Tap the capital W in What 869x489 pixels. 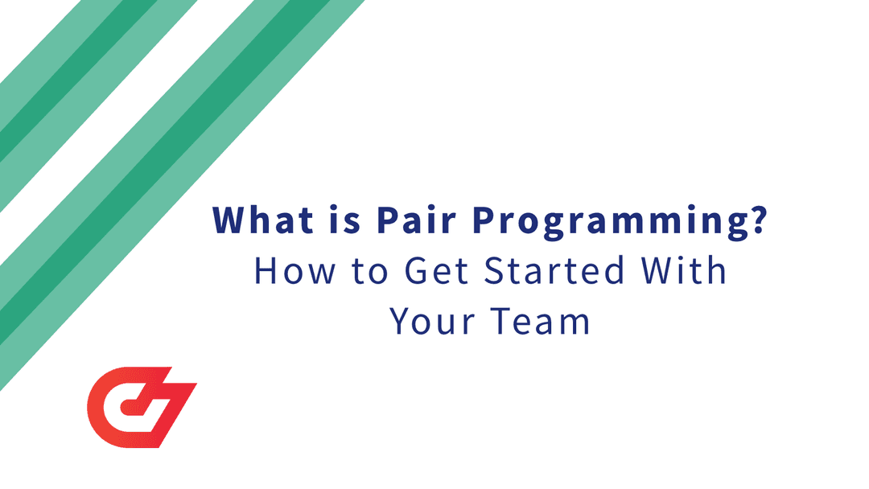(229, 220)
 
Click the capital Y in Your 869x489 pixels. (402, 322)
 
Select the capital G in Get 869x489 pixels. (418, 271)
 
